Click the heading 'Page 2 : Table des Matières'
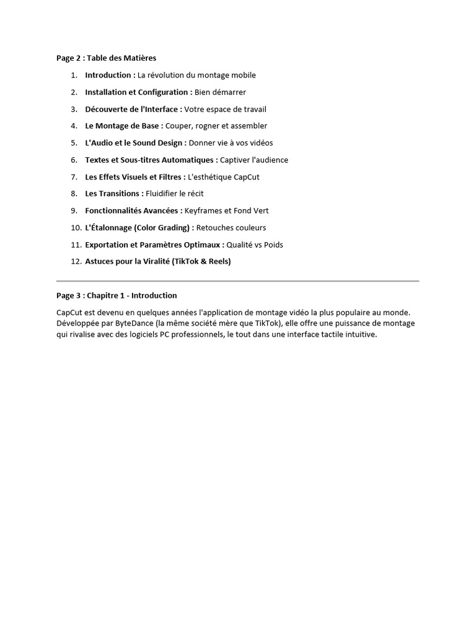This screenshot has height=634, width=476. click(106, 58)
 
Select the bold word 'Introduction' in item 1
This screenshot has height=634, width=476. click(108, 75)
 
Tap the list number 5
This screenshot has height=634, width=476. click(74, 143)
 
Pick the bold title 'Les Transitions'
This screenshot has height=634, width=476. click(112, 194)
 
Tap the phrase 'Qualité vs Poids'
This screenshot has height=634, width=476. click(255, 245)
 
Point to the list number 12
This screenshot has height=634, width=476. click(76, 261)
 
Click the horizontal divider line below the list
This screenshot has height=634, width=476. click(237, 281)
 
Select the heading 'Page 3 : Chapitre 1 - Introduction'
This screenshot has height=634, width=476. click(117, 295)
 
